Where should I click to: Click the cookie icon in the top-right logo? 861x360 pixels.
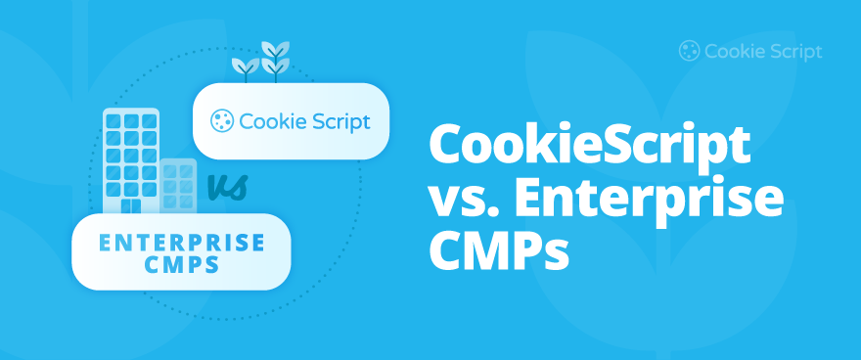click(689, 51)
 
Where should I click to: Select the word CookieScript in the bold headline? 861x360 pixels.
click(589, 148)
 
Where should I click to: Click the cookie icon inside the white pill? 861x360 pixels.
click(221, 121)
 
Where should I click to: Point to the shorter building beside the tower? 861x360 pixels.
click(177, 186)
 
